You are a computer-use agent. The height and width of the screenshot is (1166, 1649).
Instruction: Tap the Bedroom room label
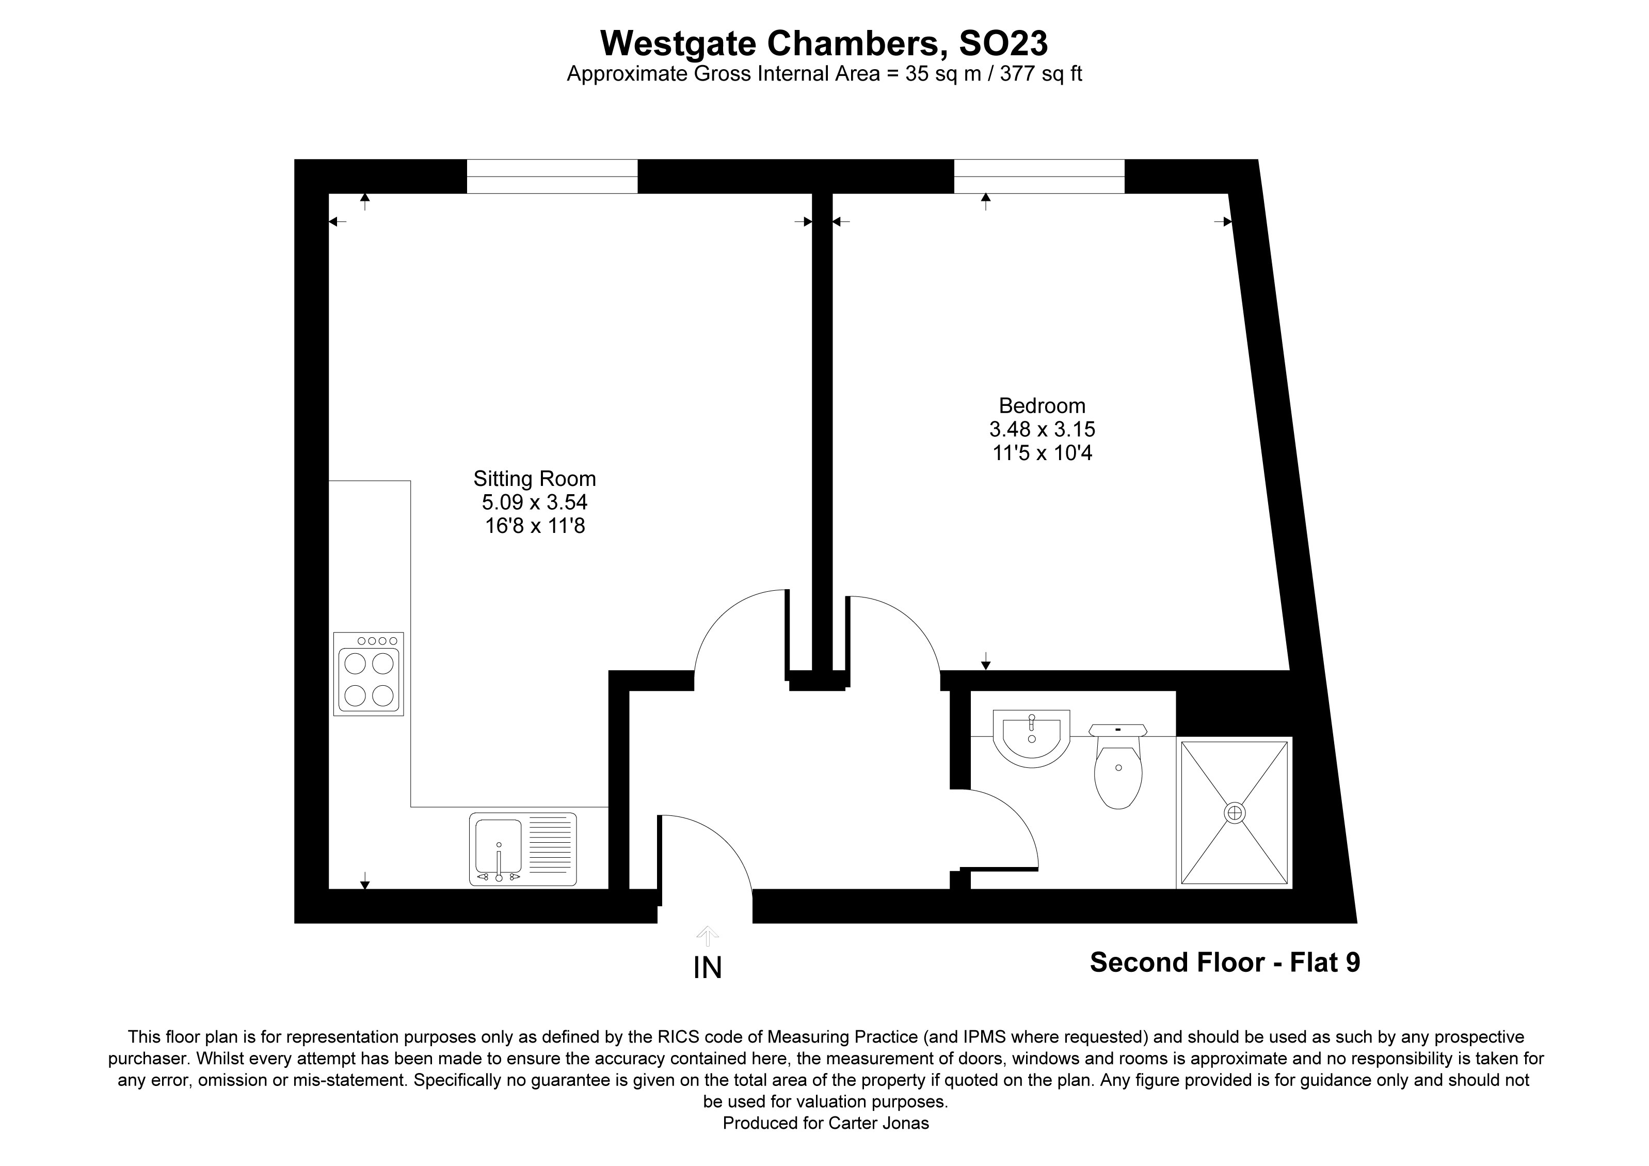pos(1042,405)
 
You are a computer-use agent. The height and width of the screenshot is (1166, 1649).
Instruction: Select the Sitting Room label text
pos(534,479)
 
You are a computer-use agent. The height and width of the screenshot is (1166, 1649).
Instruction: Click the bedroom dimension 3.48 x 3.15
pos(1042,430)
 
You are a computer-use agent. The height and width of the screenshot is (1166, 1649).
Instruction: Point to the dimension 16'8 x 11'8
pos(534,526)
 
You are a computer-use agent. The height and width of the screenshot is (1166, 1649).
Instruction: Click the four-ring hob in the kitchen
pos(369,674)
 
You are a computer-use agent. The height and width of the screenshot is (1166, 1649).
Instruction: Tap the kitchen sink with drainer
pos(523,848)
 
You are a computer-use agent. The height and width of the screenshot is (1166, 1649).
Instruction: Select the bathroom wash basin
pos(1031,738)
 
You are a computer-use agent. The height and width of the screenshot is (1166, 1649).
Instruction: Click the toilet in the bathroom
pos(1118,769)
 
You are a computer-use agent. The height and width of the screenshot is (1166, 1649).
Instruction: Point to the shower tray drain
pos(1235,813)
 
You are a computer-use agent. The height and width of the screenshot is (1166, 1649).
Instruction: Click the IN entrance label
pos(708,968)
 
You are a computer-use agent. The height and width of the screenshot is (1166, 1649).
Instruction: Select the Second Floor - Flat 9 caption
pos(1225,962)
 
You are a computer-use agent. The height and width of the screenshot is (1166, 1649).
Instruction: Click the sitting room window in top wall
pos(552,177)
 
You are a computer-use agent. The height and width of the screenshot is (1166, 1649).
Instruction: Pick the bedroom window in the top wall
pos(1039,177)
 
